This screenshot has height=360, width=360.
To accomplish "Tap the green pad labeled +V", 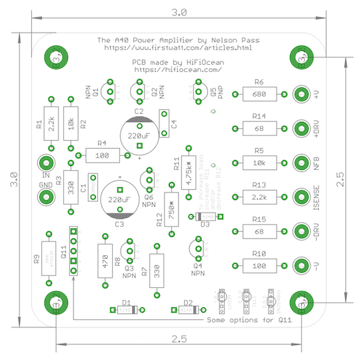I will (301, 94).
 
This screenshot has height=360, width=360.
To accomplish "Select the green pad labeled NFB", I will (301, 162).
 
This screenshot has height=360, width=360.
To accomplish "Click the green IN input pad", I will (45, 162).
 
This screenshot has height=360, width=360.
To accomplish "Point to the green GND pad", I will (45, 197).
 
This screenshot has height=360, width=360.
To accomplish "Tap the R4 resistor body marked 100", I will (102, 155).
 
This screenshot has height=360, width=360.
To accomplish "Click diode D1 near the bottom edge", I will (125, 309).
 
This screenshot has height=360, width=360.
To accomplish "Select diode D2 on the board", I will (187, 309).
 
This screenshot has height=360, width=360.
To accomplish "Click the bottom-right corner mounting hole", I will (301, 304).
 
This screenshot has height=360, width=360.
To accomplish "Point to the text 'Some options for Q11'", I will (241, 321).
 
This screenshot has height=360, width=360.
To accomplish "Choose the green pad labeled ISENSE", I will (301, 196).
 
